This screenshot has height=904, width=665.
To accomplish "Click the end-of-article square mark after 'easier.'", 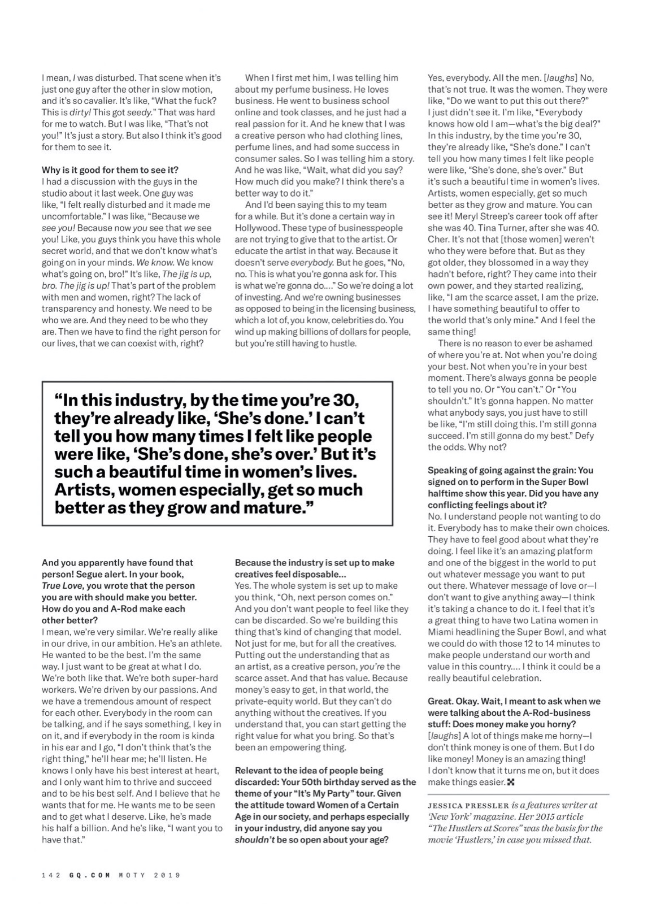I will click(511, 782).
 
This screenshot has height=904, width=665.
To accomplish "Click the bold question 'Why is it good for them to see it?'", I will click(110, 170).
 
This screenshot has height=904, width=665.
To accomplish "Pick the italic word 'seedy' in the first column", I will click(138, 112).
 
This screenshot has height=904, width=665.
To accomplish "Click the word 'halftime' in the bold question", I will click(445, 493).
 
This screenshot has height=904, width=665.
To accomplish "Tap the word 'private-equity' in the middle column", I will click(262, 701).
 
